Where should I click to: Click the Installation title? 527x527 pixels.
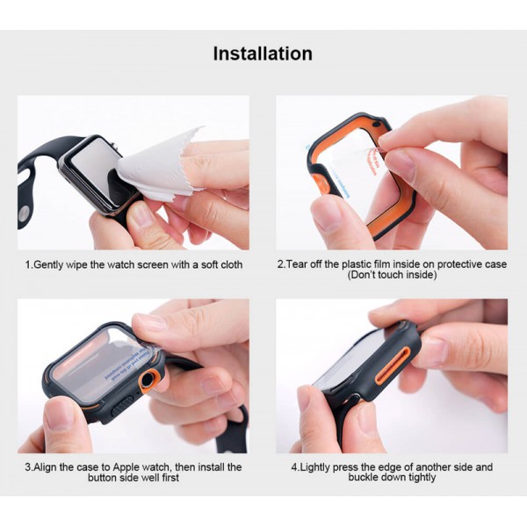point(263,54)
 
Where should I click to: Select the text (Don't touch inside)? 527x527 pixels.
point(392,276)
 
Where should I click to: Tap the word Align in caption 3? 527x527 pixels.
point(47,466)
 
